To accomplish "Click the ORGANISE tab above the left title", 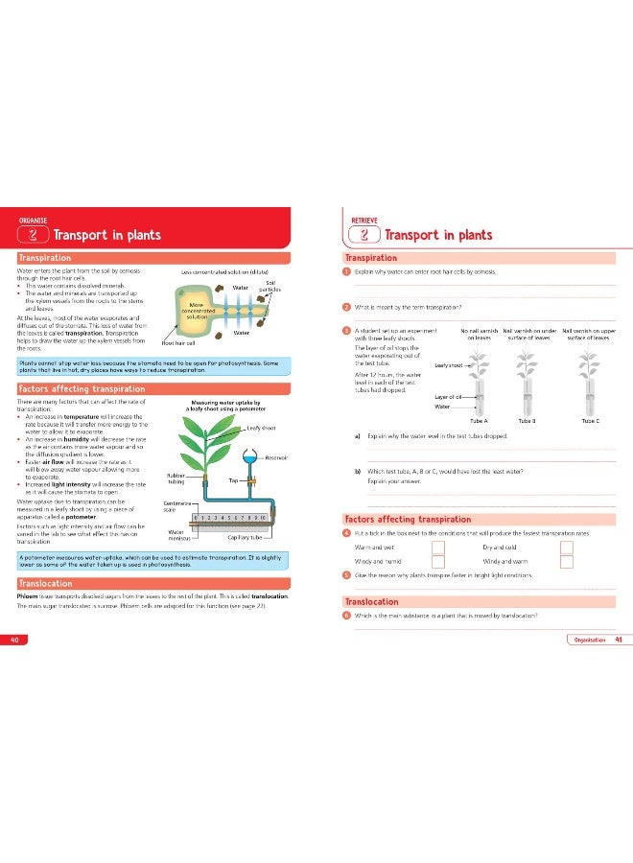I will (35, 220).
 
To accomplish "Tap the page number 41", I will (620, 640).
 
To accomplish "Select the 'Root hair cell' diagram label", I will (178, 341).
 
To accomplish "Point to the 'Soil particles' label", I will (270, 285).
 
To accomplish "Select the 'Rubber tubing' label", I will (176, 478).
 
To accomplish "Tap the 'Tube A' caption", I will (480, 420).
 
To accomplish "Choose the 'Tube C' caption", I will (591, 420).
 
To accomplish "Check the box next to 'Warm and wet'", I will (437, 548).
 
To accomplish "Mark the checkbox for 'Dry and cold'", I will (566, 548).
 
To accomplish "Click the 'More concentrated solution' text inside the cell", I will (197, 310).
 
